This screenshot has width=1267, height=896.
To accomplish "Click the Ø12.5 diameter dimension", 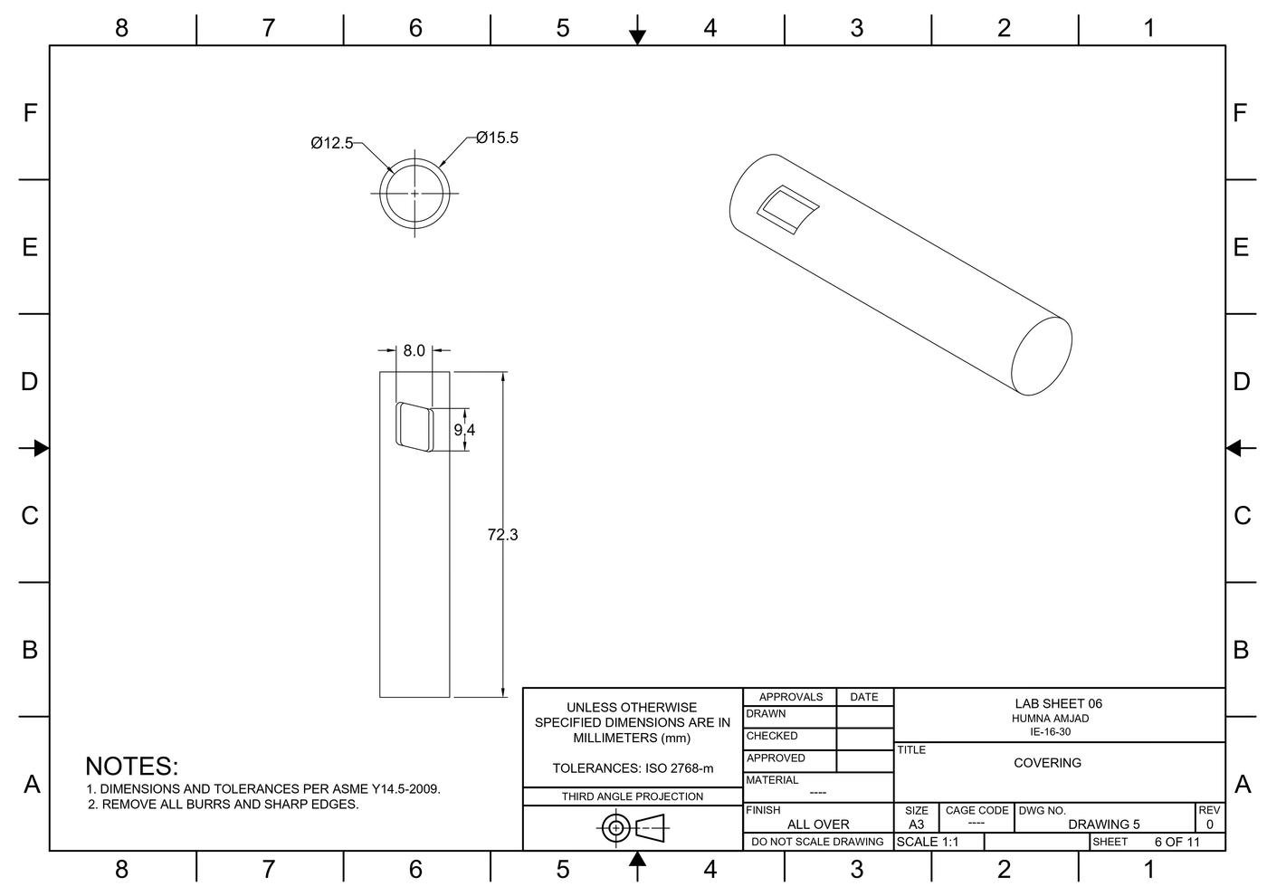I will (331, 143).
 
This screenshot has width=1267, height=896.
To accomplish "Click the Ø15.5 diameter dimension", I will (497, 138).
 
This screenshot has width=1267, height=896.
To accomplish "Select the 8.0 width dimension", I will (414, 350).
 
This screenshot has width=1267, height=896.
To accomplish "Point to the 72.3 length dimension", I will (502, 535).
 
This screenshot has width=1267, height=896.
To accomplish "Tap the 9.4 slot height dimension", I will (464, 430).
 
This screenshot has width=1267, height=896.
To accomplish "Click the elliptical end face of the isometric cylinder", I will (1041, 356).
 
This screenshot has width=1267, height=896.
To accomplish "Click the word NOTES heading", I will (132, 766).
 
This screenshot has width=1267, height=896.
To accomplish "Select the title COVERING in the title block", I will (1047, 763).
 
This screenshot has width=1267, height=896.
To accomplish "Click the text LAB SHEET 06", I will (1058, 703).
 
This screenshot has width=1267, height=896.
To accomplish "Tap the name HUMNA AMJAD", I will (1050, 719).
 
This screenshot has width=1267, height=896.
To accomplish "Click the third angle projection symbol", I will (632, 827).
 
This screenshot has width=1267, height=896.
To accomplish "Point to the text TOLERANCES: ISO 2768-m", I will (633, 768).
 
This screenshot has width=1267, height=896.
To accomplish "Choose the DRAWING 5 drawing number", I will (1103, 825).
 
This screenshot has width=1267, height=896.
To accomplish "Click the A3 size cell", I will (916, 825).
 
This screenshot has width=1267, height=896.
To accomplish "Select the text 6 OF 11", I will (1176, 842).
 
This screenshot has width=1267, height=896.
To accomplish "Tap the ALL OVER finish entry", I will (818, 825).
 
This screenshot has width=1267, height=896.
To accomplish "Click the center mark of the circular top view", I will (415, 194).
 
